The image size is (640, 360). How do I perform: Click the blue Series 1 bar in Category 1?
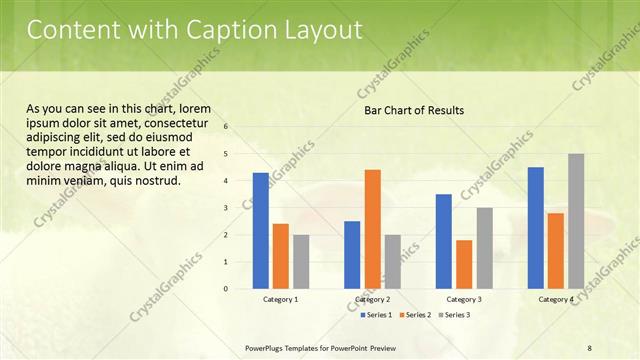pyautogui.click(x=261, y=231)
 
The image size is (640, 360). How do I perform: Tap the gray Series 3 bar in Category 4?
pyautogui.click(x=576, y=221)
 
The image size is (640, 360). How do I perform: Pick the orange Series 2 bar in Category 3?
pyautogui.click(x=464, y=264)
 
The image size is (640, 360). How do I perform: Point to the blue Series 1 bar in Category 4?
pyautogui.click(x=536, y=228)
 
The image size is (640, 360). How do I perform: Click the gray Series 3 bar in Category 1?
pyautogui.click(x=301, y=262)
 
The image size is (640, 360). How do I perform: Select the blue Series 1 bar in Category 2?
pyautogui.click(x=352, y=255)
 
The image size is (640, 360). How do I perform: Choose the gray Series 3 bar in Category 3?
pyautogui.click(x=484, y=248)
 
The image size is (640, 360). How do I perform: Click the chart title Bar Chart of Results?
pyautogui.click(x=413, y=110)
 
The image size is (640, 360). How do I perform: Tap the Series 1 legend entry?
pyautogui.click(x=375, y=315)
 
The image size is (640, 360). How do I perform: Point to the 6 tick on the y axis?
pyautogui.click(x=227, y=127)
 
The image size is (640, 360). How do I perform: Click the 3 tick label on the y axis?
pyautogui.click(x=227, y=208)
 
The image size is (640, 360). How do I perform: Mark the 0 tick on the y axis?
pyautogui.click(x=227, y=289)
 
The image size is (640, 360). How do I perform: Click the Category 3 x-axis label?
pyautogui.click(x=464, y=299)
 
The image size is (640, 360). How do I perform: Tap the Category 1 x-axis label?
pyautogui.click(x=281, y=299)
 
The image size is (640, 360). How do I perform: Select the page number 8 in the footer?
pyautogui.click(x=590, y=347)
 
